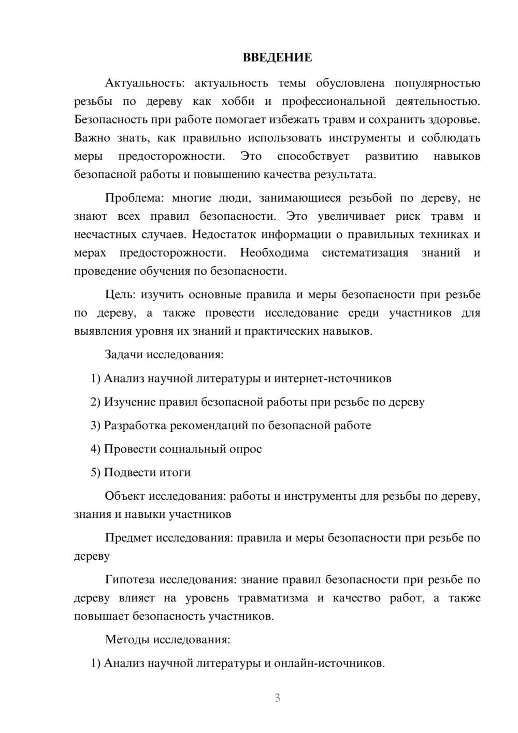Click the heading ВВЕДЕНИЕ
[277, 58]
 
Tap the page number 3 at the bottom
[277, 698]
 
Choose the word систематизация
[365, 253]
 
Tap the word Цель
[120, 295]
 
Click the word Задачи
[124, 355]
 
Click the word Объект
[125, 496]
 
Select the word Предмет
[128, 538]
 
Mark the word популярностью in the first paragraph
[438, 83]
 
